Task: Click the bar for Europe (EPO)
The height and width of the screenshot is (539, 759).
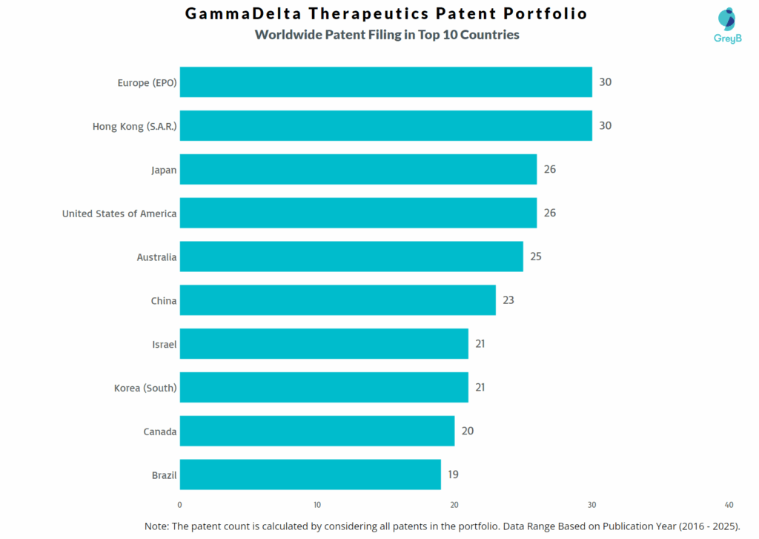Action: coord(385,82)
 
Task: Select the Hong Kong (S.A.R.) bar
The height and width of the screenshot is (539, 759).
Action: coord(385,126)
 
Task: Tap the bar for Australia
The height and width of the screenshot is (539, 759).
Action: coord(351,257)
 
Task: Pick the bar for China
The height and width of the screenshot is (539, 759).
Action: coord(337,300)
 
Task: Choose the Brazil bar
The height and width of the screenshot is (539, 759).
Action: coord(310,474)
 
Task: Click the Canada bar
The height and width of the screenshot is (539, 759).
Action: coord(316,431)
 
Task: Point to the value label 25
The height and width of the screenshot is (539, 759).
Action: coord(536,257)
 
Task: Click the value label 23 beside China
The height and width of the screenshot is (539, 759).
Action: coord(508,300)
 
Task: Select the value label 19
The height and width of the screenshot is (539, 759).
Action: coord(453,474)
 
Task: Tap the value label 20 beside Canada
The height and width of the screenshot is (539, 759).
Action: coord(467,431)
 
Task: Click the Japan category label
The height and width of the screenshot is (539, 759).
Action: coord(164,170)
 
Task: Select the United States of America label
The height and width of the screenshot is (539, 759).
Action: coord(119,214)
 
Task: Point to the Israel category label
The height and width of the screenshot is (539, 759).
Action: coord(164,344)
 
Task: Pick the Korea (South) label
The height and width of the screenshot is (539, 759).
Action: coord(145,388)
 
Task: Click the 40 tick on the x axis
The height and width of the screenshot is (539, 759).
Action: coord(729,505)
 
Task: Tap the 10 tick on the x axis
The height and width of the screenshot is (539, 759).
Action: coord(317,505)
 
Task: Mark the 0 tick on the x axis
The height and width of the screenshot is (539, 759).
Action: coord(180,505)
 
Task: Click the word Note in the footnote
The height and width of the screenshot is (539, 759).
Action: coord(157,526)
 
